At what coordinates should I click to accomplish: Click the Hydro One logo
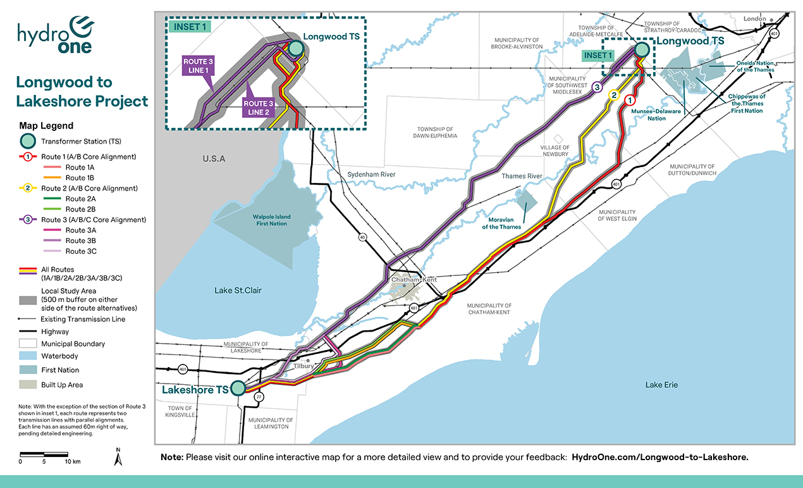[x=56, y=35]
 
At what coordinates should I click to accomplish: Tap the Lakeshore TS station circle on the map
[x=238, y=388]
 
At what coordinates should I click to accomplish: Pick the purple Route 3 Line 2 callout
[x=259, y=107]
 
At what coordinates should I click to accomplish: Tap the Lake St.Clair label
[x=238, y=291]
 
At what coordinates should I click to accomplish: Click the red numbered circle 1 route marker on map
[x=630, y=100]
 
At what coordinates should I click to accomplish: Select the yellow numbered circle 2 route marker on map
[x=612, y=95]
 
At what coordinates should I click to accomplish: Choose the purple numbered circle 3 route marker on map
[x=595, y=89]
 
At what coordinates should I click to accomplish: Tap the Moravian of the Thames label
[x=500, y=223]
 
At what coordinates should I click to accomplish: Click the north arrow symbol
[x=117, y=456]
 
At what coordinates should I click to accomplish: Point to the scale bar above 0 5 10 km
[x=44, y=454]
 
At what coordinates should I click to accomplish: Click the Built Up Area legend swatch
[x=28, y=385]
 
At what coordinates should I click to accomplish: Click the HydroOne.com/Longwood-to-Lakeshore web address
[x=659, y=456]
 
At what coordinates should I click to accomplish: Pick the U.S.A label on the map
[x=214, y=158]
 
